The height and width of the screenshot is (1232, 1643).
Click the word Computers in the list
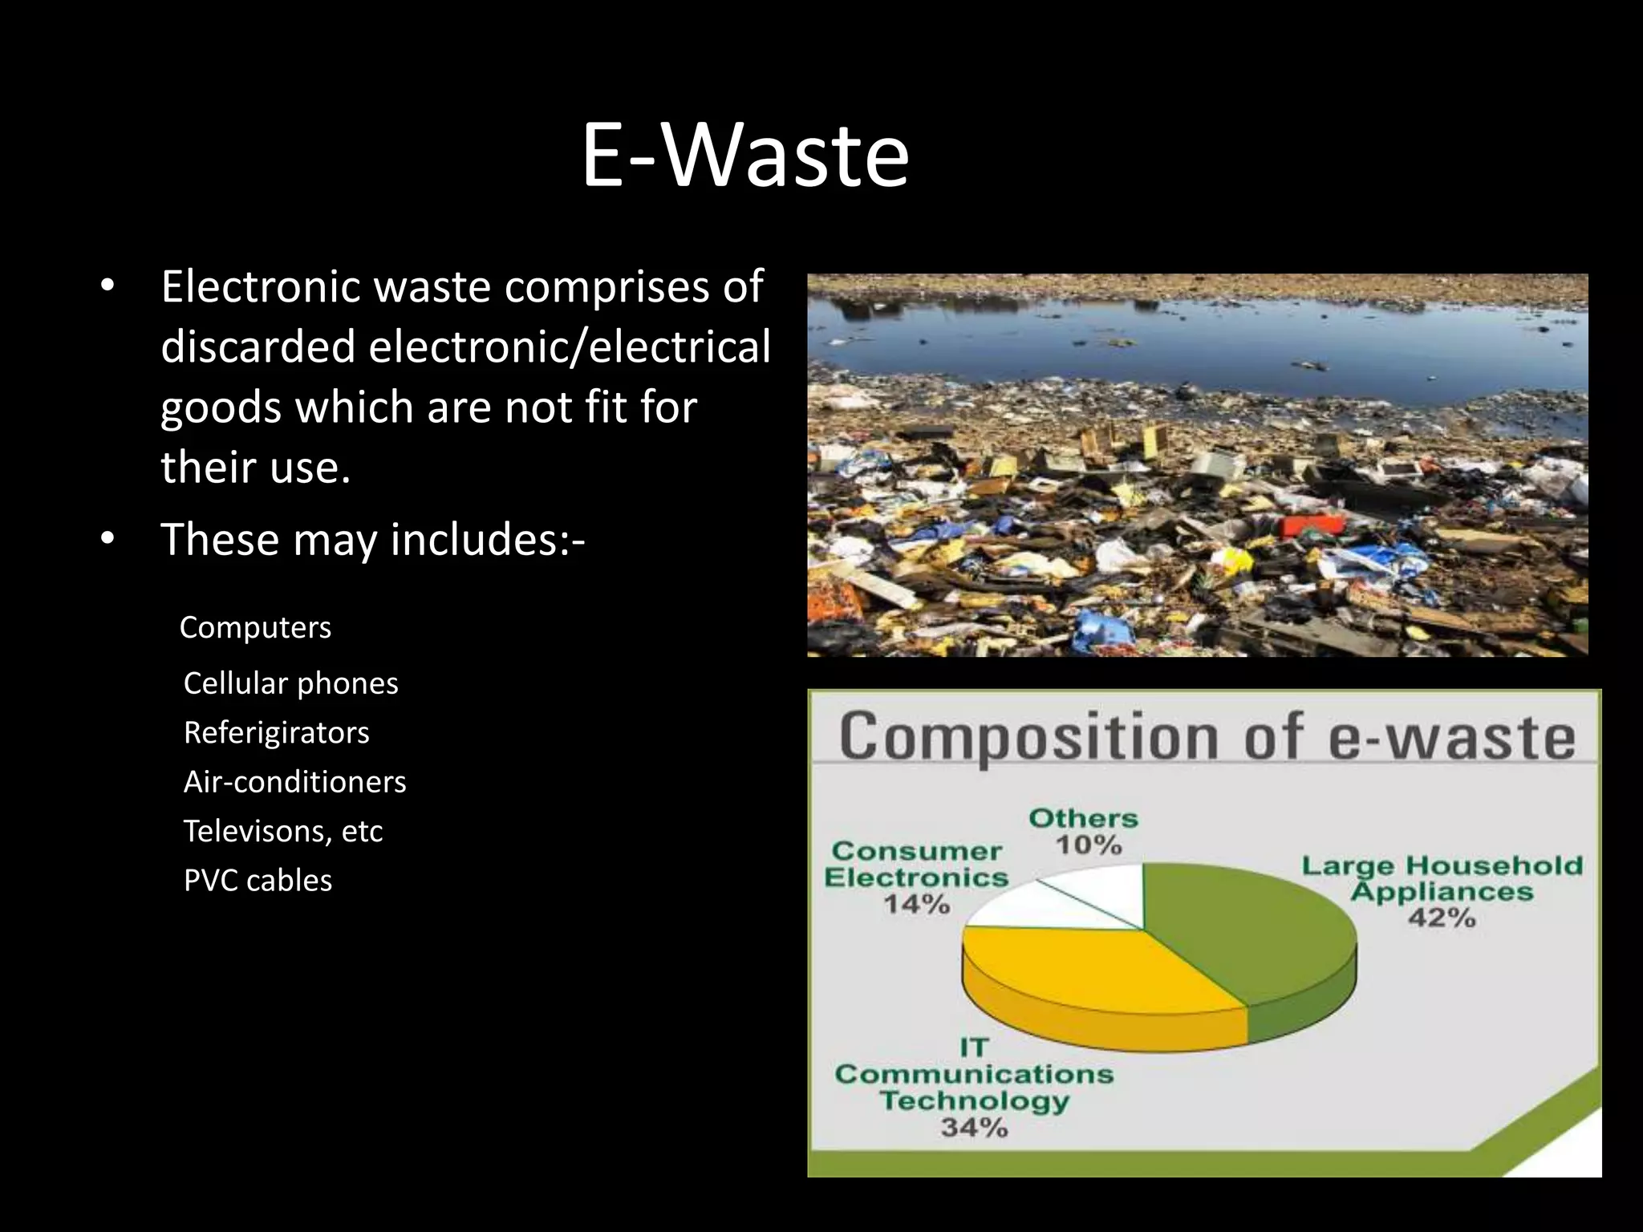click(x=255, y=627)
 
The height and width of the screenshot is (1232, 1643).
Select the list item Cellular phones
click(x=290, y=683)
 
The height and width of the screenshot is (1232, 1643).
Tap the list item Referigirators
click(x=276, y=732)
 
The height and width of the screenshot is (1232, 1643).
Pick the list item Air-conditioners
click(x=294, y=782)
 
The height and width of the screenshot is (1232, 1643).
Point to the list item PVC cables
click(x=258, y=881)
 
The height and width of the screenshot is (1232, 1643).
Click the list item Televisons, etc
click(x=282, y=831)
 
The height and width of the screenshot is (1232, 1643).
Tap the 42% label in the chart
click(x=1442, y=918)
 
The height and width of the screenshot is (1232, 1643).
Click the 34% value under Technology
click(x=974, y=1127)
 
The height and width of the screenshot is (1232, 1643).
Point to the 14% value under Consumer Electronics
click(x=916, y=905)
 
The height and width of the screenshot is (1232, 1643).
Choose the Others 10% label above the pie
click(x=1085, y=831)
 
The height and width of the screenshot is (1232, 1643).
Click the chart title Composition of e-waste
click(x=1207, y=736)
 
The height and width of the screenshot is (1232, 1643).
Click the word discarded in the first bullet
click(x=258, y=346)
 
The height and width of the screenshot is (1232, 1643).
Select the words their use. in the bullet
click(x=255, y=468)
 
